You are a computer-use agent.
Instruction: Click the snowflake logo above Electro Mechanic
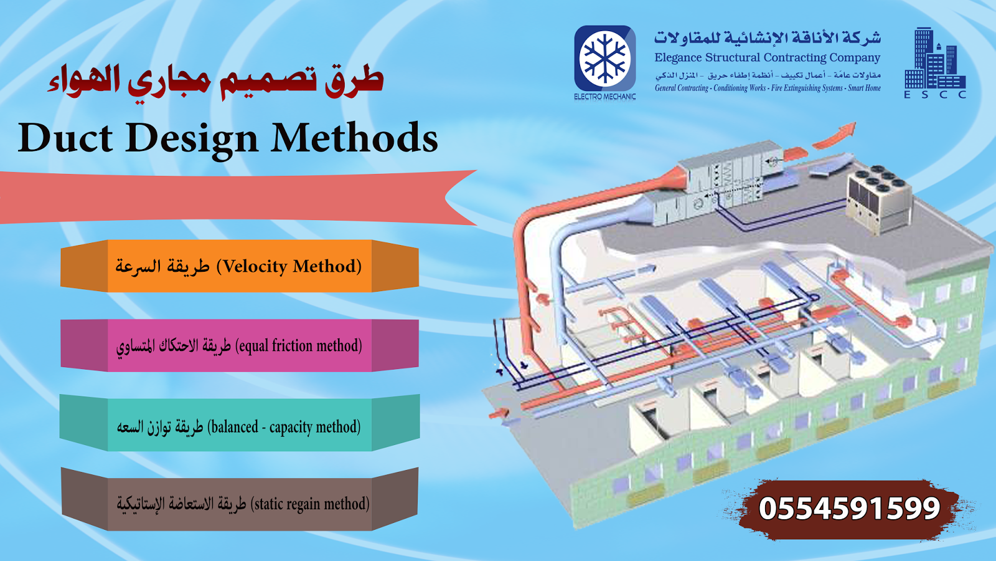point(604,58)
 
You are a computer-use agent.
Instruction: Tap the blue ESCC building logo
point(934,60)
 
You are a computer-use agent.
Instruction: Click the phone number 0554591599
point(849,509)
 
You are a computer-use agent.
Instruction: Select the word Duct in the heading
point(65,138)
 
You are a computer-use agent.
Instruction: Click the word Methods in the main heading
point(355,138)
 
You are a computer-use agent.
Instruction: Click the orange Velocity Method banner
point(240,266)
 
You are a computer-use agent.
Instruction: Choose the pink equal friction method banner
point(240,346)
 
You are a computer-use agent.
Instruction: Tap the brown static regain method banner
point(240,504)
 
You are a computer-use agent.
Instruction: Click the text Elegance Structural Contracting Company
point(767,58)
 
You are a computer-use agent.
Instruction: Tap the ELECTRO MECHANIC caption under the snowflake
point(604,97)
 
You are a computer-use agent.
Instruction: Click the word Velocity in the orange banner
point(255,267)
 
